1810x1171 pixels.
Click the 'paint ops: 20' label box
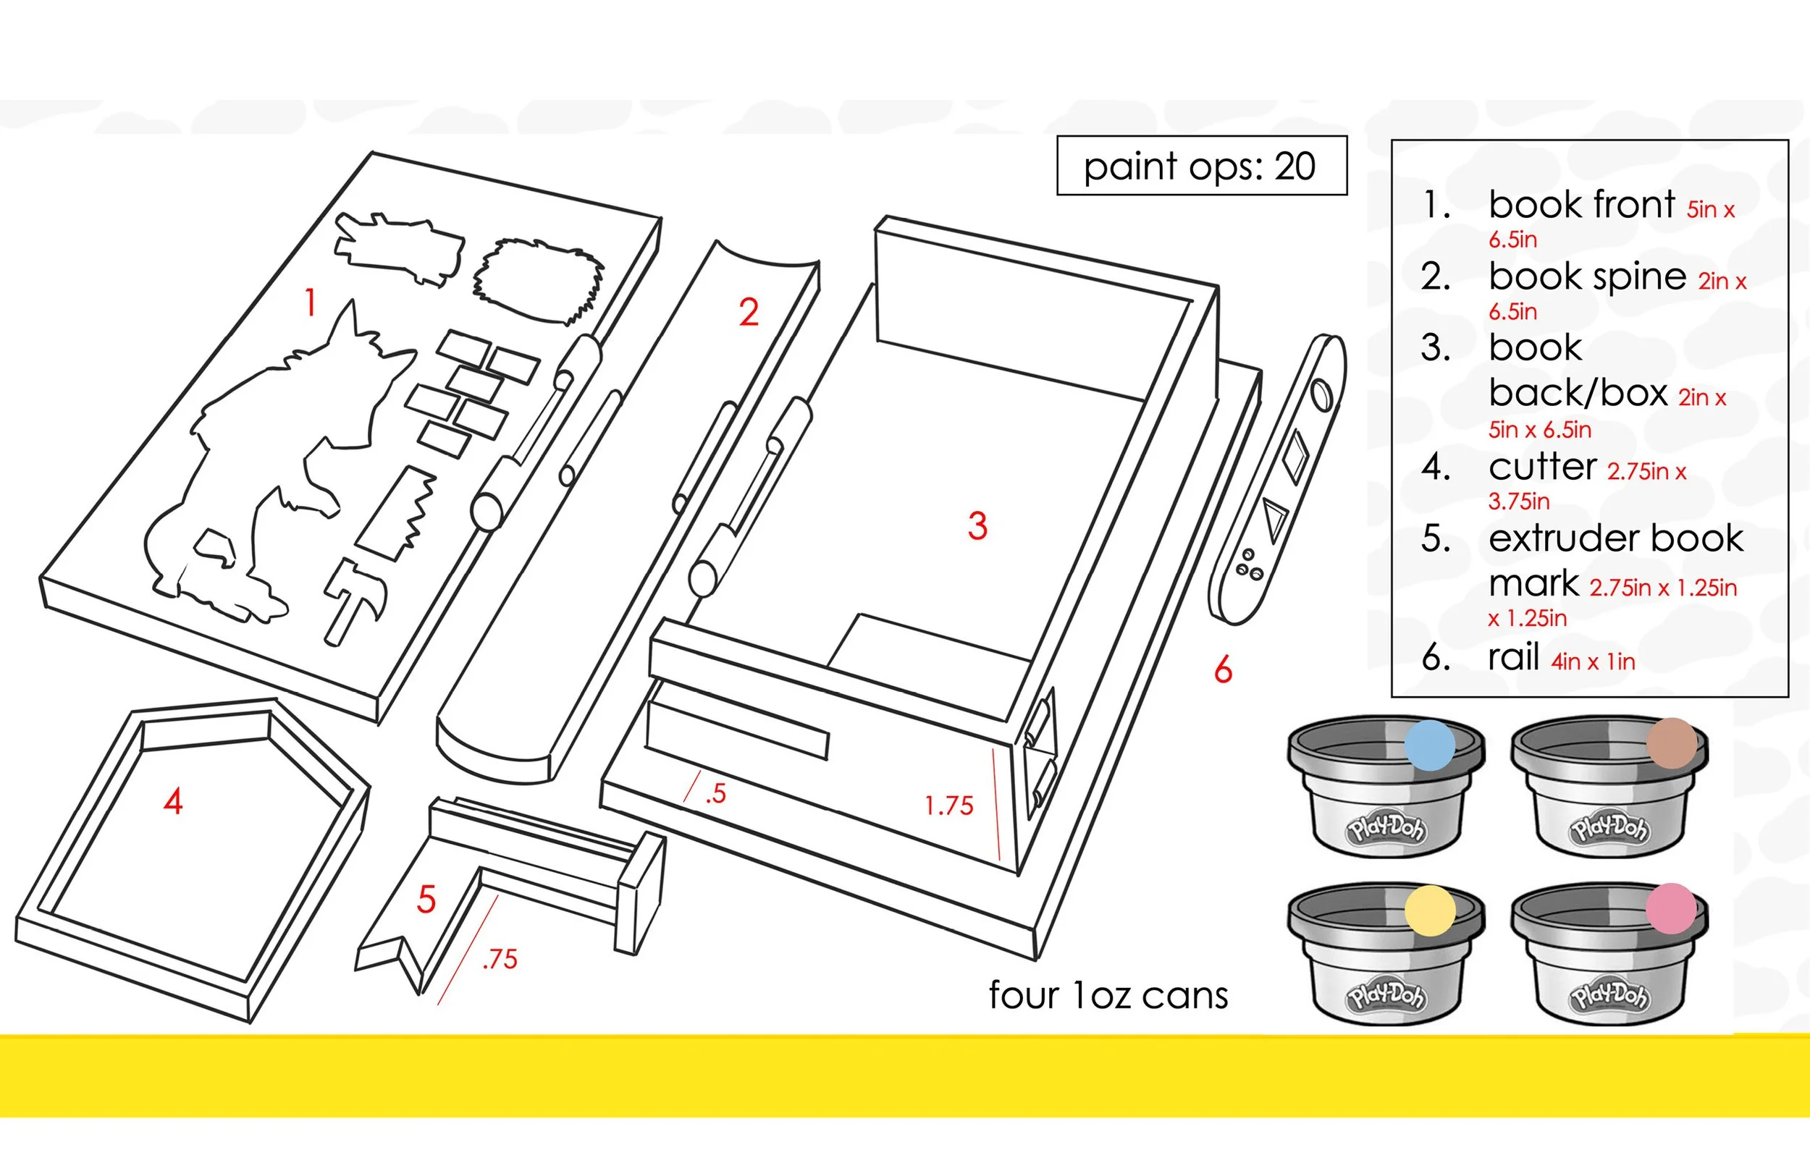1201,166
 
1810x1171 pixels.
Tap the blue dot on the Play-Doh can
1430,745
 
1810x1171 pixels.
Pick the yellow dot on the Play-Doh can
1430,910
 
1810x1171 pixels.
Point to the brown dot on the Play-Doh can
1672,743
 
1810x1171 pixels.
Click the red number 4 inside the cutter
173,801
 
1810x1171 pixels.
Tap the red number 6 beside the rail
1223,670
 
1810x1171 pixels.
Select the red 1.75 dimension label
948,806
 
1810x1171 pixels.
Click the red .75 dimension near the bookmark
500,960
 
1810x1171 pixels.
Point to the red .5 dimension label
715,794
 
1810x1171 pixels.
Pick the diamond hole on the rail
1296,455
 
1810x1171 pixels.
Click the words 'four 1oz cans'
1108,995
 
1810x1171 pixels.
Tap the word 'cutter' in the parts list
1542,467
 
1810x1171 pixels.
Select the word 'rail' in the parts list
1513,657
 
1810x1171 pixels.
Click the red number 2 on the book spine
749,313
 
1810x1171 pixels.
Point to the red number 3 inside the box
977,525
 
